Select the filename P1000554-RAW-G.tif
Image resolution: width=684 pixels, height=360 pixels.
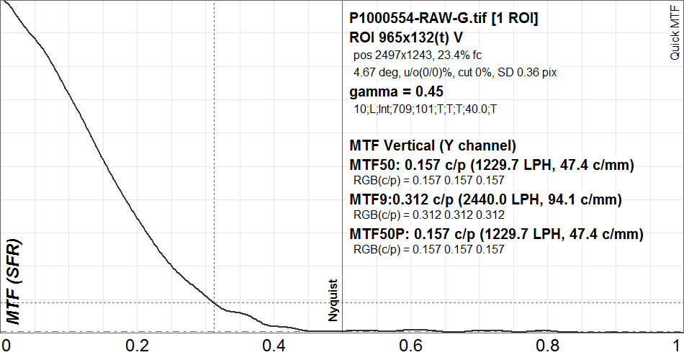443,19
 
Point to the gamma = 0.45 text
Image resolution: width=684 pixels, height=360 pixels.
395,91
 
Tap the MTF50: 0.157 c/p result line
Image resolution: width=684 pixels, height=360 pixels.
491,166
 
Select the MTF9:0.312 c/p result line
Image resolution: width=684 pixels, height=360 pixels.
485,199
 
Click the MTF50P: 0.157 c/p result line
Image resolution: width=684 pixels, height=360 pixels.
496,234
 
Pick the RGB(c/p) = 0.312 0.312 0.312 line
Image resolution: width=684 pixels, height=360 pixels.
428,215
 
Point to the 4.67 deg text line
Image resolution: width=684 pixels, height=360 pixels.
455,72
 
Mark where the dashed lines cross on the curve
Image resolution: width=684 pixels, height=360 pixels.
215,302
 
